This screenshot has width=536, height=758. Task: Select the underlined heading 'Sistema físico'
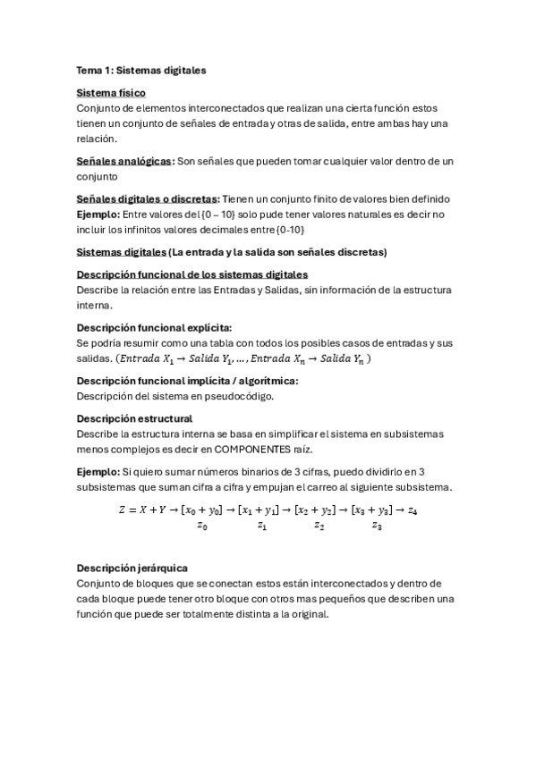(112, 93)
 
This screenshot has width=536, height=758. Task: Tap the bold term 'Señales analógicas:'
(125, 161)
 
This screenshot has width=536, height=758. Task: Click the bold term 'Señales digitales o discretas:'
(148, 198)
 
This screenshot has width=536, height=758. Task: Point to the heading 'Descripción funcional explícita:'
(148, 328)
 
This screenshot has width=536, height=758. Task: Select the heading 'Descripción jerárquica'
(132, 568)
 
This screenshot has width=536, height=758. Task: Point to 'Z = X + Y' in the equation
(142, 510)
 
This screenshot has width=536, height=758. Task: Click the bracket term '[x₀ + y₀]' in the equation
(201, 510)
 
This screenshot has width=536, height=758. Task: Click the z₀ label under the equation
(202, 526)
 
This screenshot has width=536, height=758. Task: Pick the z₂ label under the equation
(319, 526)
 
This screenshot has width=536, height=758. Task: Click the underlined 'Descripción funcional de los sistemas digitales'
(192, 274)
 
